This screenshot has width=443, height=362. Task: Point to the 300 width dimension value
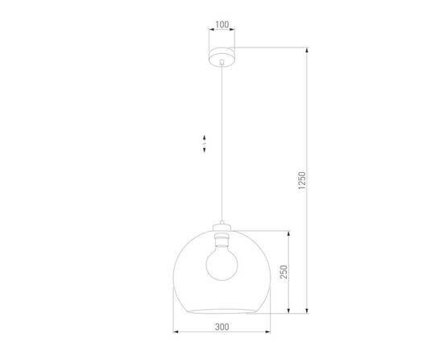(x=222, y=327)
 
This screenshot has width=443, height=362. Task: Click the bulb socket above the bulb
(x=221, y=238)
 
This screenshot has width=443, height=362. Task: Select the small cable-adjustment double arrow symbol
(x=204, y=145)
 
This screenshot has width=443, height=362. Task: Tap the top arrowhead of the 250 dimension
(x=286, y=233)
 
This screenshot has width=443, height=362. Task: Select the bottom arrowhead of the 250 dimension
(x=286, y=312)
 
